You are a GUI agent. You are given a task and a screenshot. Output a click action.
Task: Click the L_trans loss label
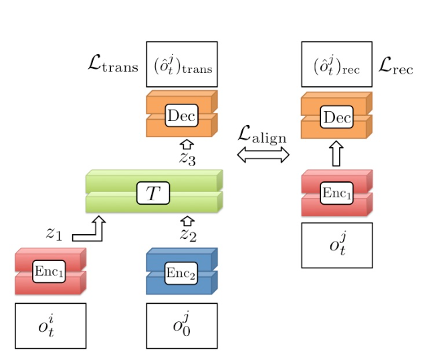pyautogui.click(x=112, y=65)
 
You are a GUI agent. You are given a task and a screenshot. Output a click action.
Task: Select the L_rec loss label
pyautogui.click(x=395, y=65)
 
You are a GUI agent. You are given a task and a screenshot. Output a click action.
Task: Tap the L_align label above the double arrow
pyautogui.click(x=262, y=134)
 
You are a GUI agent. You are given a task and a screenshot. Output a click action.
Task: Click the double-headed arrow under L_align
pyautogui.click(x=263, y=155)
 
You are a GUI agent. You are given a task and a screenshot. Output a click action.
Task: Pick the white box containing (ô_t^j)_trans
pyautogui.click(x=182, y=65)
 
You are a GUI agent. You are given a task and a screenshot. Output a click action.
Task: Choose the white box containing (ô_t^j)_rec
pyautogui.click(x=336, y=65)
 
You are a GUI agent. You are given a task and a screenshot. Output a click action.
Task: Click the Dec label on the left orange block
pyautogui.click(x=182, y=116)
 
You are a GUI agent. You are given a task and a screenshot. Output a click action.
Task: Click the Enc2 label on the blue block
pyautogui.click(x=182, y=272)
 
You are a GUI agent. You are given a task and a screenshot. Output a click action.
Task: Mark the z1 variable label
pyautogui.click(x=54, y=234)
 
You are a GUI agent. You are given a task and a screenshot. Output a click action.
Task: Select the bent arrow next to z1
pyautogui.click(x=90, y=230)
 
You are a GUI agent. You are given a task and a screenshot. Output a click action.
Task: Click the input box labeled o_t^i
pyautogui.click(x=51, y=326)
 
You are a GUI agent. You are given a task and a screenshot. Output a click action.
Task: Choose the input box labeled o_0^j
pyautogui.click(x=182, y=326)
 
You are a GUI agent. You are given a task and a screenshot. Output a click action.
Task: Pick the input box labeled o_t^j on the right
pyautogui.click(x=336, y=245)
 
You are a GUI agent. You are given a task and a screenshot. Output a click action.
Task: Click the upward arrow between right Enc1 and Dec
pyautogui.click(x=336, y=155)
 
